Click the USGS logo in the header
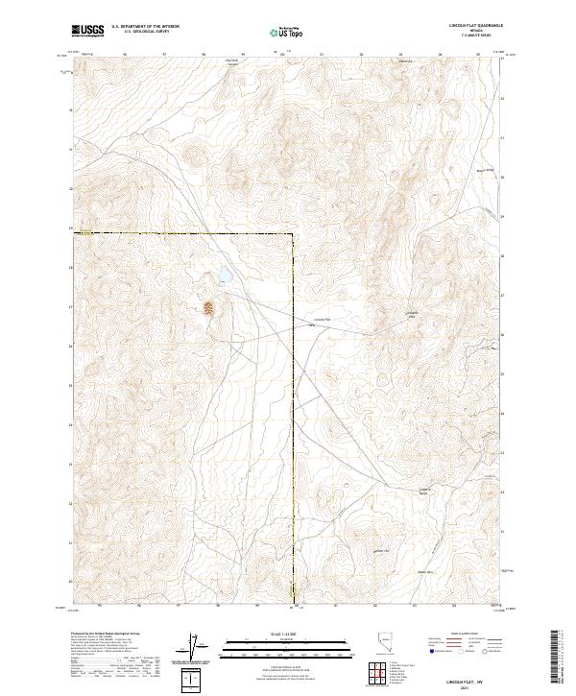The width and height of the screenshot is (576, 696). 87,31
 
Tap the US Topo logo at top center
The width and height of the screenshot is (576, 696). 288,31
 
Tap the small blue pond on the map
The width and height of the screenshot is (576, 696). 222,276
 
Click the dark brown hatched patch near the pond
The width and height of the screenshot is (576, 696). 208,308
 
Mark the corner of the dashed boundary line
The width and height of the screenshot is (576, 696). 294,233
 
